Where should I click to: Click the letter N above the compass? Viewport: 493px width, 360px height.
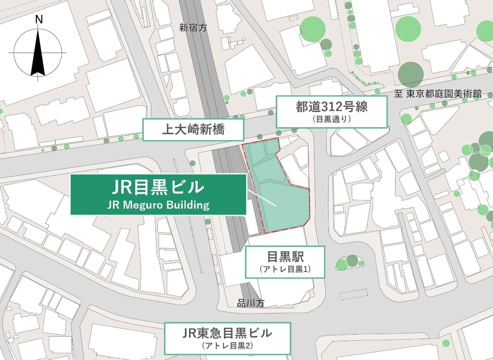point(39,19)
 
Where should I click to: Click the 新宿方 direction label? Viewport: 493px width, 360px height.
point(193,28)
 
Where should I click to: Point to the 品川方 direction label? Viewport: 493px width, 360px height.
point(250,304)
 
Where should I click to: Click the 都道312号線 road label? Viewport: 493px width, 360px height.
point(331,108)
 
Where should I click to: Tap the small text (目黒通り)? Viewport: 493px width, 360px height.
point(332,120)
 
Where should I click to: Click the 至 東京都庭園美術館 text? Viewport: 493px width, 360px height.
point(438,94)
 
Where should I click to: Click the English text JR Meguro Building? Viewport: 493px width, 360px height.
point(158,204)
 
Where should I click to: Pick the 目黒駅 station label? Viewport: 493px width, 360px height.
point(285,257)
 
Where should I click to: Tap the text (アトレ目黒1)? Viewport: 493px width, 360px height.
point(285,270)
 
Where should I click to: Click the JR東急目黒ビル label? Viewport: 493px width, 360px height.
point(227,332)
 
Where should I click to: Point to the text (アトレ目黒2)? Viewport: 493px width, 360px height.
point(227,346)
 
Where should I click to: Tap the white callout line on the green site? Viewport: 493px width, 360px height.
point(261,198)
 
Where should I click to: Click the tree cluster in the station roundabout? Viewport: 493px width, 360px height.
point(350,263)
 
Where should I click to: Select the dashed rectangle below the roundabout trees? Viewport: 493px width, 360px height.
point(354,295)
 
